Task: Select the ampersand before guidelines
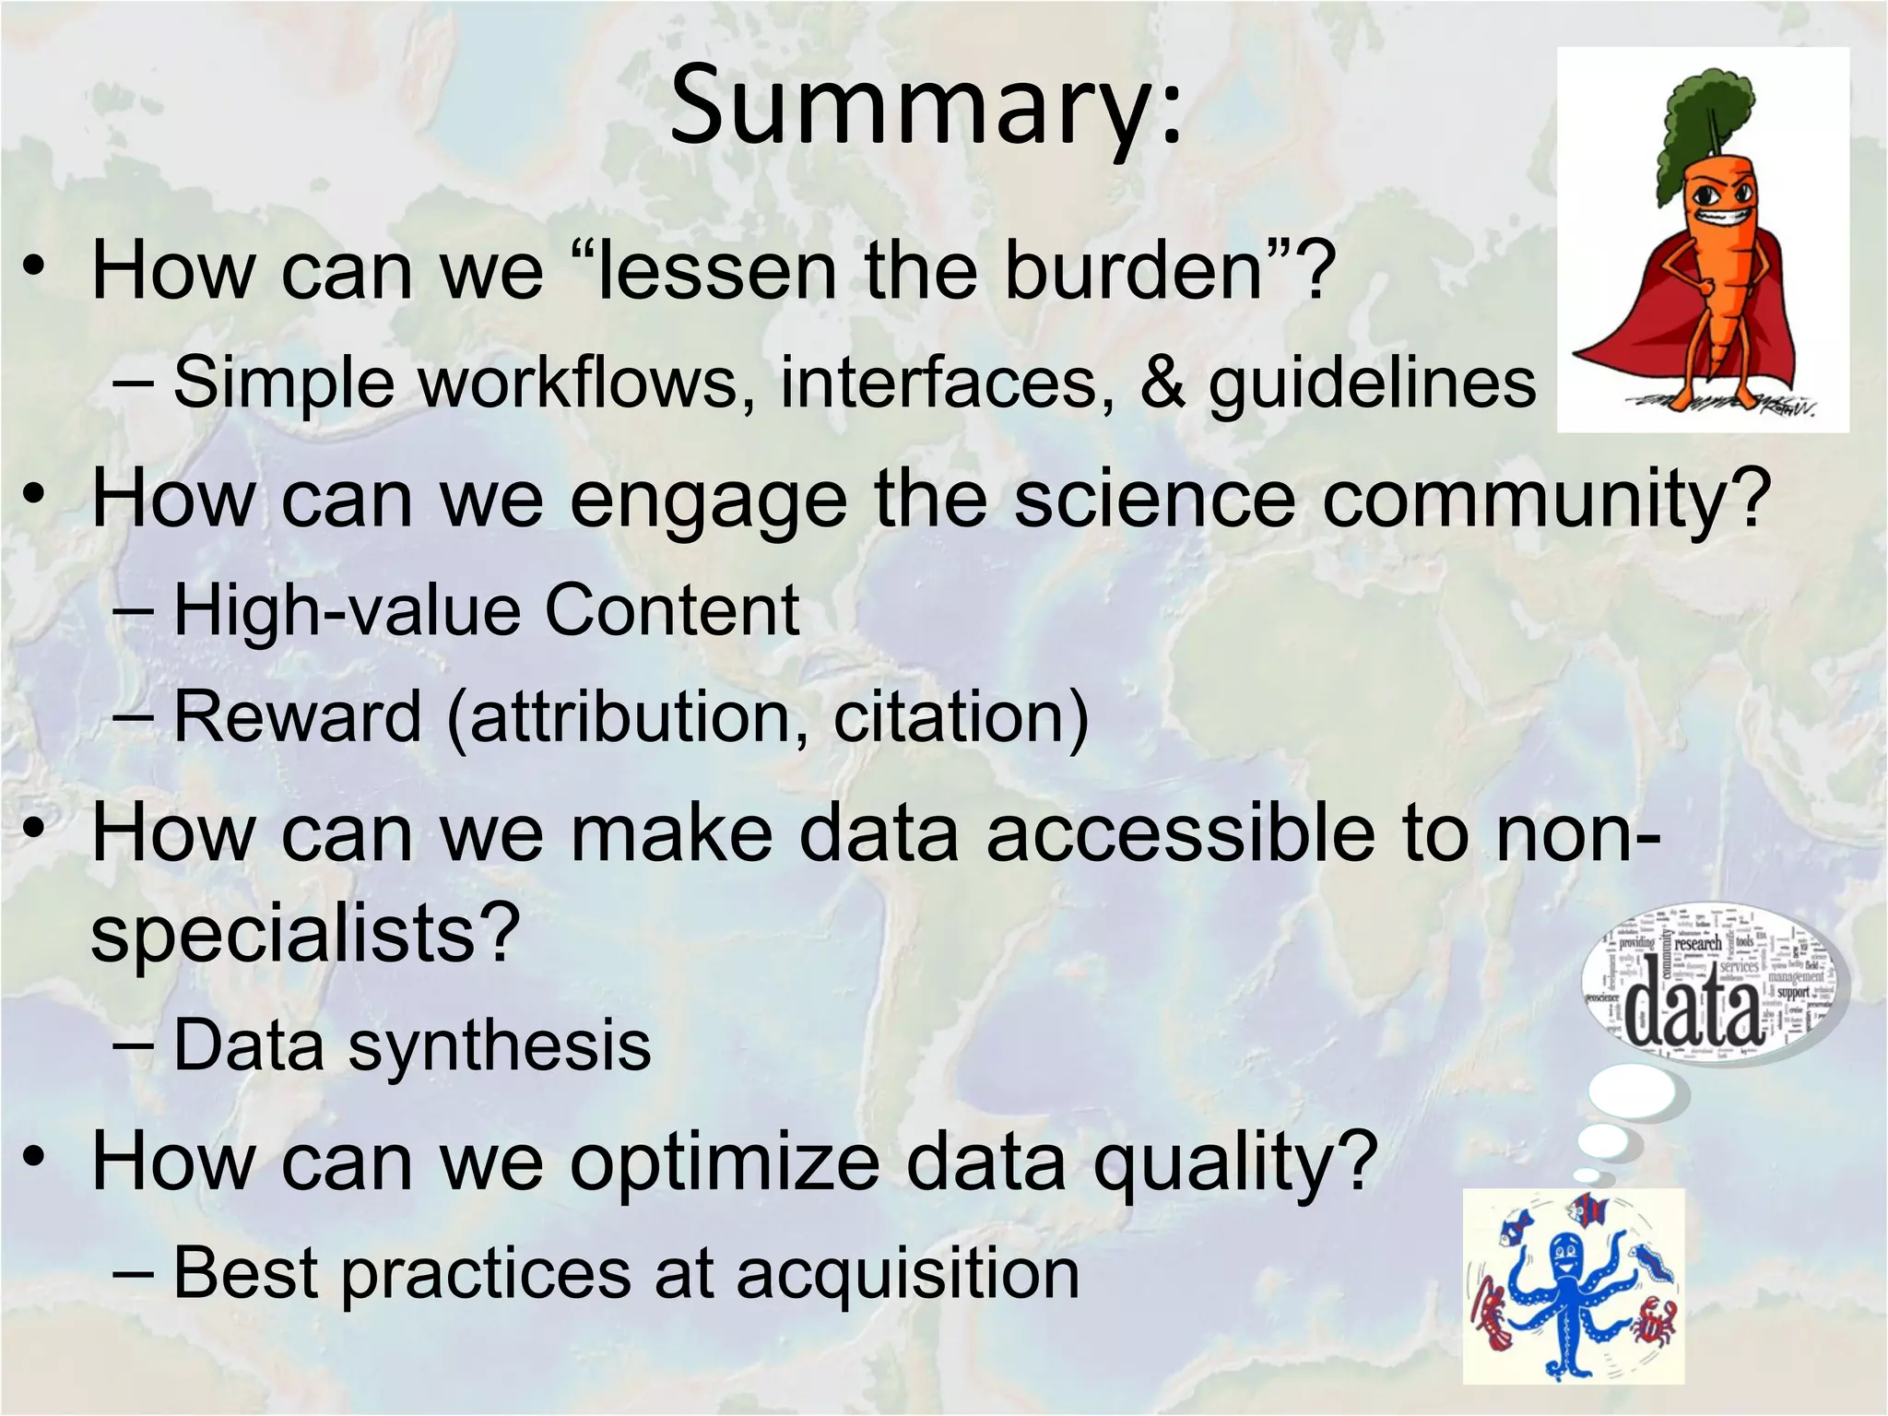pos(1162,383)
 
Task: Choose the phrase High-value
pos(345,610)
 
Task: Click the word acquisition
pos(907,1274)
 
